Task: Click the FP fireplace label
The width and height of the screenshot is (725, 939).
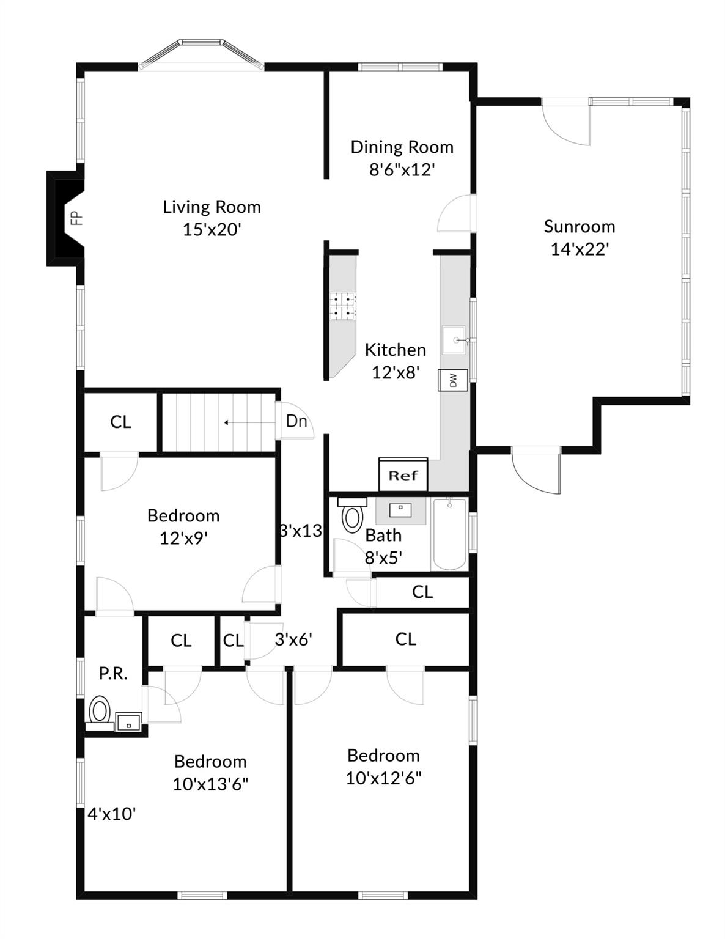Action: pyautogui.click(x=76, y=218)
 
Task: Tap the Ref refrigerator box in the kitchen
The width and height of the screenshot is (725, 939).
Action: pyautogui.click(x=403, y=475)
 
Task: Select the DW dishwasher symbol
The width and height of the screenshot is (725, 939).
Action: pyautogui.click(x=453, y=380)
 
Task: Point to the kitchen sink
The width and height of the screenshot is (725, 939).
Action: pyautogui.click(x=454, y=340)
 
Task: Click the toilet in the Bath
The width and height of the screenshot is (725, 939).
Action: pyautogui.click(x=352, y=516)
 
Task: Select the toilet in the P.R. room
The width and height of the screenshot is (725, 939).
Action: pyautogui.click(x=100, y=711)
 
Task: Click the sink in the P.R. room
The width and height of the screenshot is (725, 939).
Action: pyautogui.click(x=128, y=722)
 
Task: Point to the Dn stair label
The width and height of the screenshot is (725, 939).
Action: pyautogui.click(x=296, y=421)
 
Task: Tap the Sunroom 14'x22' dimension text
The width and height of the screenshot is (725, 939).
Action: pyautogui.click(x=580, y=249)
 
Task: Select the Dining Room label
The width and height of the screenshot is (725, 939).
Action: pyautogui.click(x=402, y=147)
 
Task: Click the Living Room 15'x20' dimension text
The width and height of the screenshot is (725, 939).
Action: pyautogui.click(x=212, y=230)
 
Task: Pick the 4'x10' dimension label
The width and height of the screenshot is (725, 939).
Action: pyautogui.click(x=111, y=814)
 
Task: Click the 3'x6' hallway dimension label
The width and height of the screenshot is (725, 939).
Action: pyautogui.click(x=293, y=639)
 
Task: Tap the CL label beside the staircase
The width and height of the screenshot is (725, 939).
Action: pyautogui.click(x=120, y=422)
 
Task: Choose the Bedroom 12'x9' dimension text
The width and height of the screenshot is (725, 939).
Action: pyautogui.click(x=183, y=539)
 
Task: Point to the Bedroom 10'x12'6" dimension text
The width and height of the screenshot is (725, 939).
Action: pyautogui.click(x=383, y=778)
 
